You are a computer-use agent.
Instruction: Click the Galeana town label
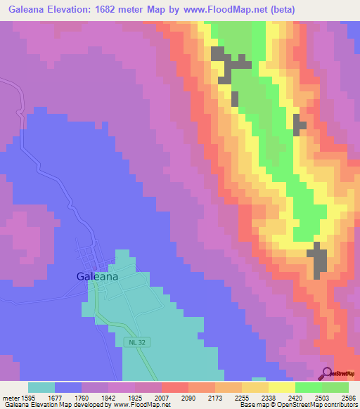97,277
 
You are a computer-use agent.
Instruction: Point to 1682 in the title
123,9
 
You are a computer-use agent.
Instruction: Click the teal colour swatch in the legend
41,387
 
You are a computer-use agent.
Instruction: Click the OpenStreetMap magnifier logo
328,374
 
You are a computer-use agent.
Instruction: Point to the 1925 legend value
131,398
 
